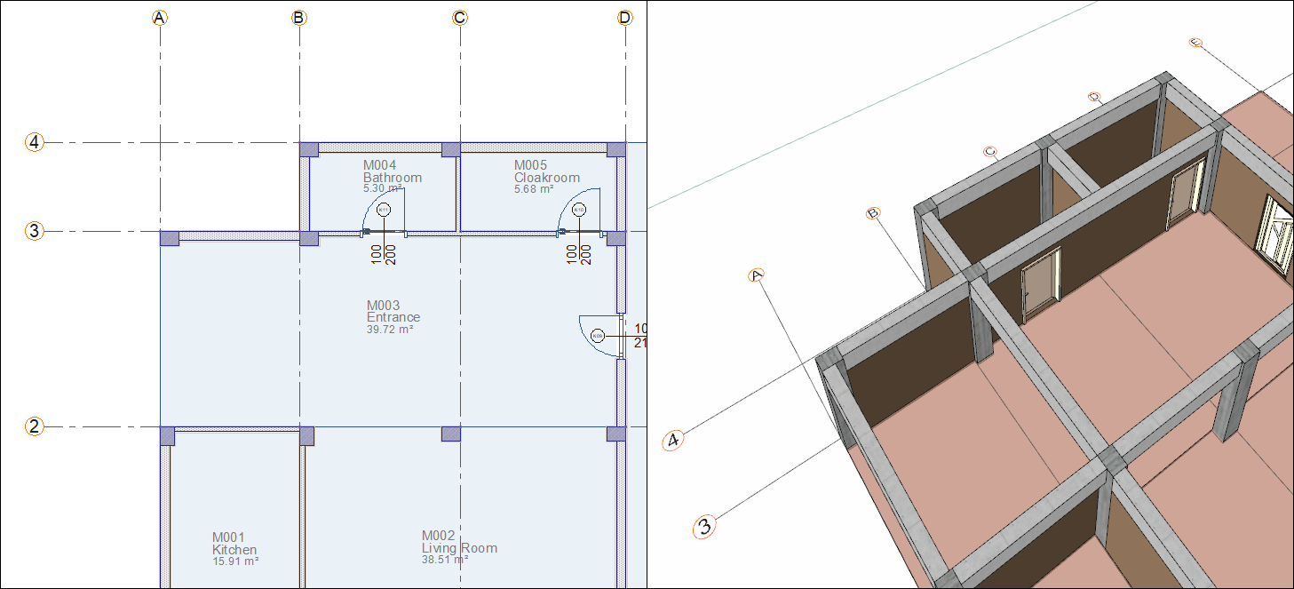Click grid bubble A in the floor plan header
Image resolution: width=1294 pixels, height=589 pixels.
tap(160, 18)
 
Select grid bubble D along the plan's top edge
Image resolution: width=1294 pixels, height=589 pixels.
tap(626, 18)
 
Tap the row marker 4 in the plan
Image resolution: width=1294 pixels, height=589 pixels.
tap(34, 142)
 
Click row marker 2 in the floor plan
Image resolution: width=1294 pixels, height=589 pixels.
tap(34, 426)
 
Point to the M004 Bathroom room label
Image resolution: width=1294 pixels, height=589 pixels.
tap(392, 172)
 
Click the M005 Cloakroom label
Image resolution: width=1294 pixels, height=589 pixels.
tap(546, 172)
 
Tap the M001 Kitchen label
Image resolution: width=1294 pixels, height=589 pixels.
tap(234, 544)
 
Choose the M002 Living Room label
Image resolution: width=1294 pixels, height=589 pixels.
tap(458, 542)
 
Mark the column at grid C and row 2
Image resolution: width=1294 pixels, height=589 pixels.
tap(451, 434)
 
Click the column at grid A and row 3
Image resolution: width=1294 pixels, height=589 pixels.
tap(169, 238)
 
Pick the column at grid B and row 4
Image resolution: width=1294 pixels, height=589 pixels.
tap(308, 149)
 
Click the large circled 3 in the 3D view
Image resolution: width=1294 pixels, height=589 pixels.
tap(704, 526)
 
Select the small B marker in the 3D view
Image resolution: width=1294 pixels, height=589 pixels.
tap(873, 213)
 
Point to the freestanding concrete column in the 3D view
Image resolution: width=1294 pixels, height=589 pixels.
tap(1233, 395)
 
